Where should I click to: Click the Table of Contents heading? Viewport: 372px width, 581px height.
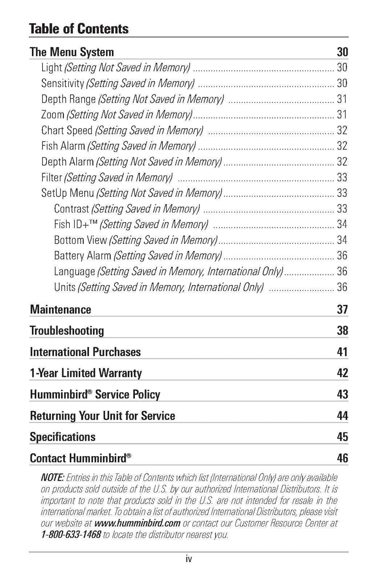79,29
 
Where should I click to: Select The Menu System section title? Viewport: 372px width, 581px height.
72,52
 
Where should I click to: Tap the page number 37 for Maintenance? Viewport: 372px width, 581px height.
342,309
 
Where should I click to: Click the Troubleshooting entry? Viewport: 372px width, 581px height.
67,331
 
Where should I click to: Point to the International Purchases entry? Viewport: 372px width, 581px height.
85,352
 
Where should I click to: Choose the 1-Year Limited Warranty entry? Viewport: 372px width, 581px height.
86,373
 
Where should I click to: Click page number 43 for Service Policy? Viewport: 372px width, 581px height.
342,394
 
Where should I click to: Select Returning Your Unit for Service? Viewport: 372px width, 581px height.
102,416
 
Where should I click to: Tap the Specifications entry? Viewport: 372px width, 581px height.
62,437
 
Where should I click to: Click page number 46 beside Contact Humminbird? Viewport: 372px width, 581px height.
342,458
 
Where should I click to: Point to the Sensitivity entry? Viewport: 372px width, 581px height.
62,83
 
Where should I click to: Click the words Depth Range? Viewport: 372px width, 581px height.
68,99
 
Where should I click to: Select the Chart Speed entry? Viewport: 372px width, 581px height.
67,130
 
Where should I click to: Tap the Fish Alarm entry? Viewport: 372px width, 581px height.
63,146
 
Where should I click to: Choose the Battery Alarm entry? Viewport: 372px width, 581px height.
82,256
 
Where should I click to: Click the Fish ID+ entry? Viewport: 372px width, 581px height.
76,224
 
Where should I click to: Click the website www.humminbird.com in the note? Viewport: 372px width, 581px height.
137,523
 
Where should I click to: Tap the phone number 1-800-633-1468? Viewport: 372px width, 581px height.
71,535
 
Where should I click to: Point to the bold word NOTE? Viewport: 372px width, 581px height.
52,477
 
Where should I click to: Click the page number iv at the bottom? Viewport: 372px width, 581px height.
188,559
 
